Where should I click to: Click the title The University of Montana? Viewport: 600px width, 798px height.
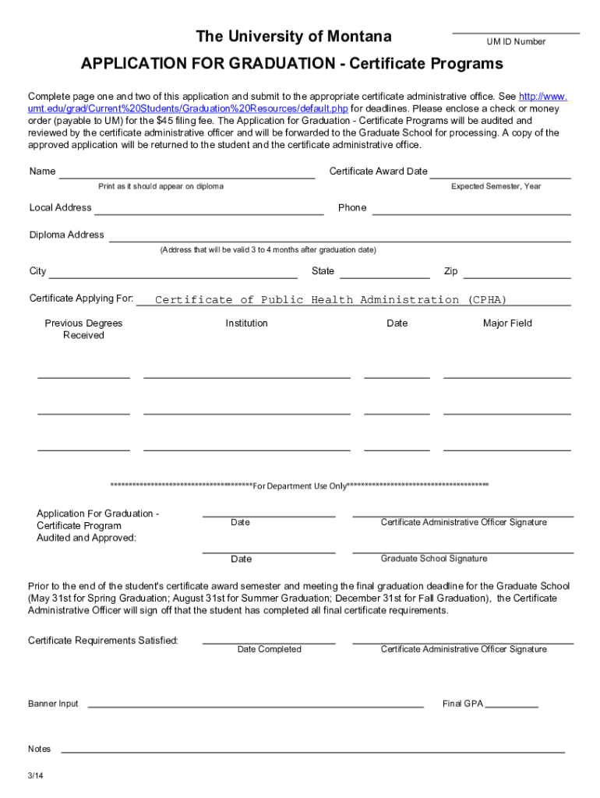click(x=294, y=37)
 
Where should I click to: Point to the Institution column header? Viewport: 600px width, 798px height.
click(x=247, y=323)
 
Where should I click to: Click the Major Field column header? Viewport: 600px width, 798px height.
click(x=507, y=323)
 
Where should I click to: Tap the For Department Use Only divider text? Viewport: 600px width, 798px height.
click(x=300, y=486)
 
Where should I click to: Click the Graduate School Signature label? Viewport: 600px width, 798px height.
click(x=434, y=559)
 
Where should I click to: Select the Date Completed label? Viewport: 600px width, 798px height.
click(x=269, y=649)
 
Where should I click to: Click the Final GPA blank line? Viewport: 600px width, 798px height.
click(x=511, y=705)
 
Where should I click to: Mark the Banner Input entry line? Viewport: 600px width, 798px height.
click(x=256, y=705)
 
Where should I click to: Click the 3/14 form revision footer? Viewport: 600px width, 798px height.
click(x=35, y=776)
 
